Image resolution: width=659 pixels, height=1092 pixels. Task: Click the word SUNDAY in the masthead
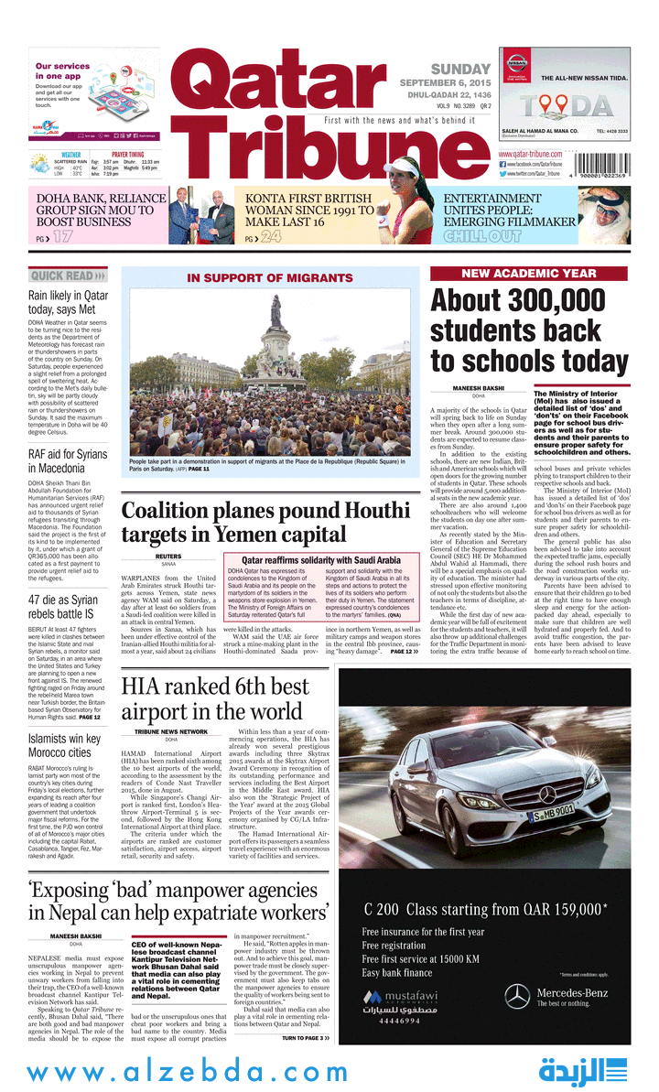point(460,70)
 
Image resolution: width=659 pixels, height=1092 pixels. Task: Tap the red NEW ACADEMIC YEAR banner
point(529,274)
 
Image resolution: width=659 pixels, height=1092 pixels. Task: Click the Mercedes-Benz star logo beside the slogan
point(518,996)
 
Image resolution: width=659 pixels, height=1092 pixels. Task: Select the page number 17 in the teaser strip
point(61,237)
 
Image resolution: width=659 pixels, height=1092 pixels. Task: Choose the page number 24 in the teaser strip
point(269,237)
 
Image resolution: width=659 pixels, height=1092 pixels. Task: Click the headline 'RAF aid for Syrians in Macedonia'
point(67,461)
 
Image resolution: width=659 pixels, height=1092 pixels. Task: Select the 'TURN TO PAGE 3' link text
point(304,1038)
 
